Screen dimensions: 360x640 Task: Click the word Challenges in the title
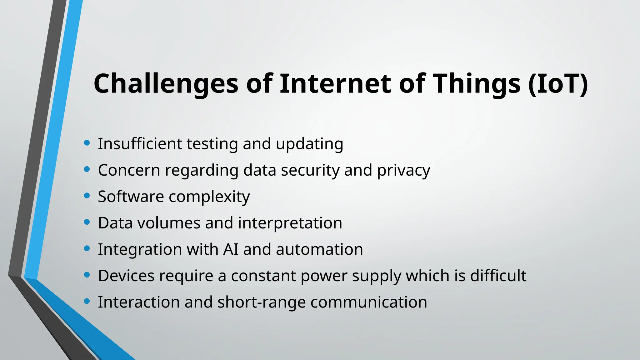pos(166,84)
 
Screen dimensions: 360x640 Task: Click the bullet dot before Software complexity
pos(87,196)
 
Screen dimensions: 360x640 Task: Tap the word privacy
pos(403,171)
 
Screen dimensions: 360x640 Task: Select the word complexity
pos(209,197)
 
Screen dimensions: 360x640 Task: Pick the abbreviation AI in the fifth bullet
pos(231,249)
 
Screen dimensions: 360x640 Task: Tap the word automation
pos(319,249)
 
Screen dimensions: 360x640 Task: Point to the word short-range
pos(261,302)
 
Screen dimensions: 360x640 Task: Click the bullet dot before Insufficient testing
pos(87,143)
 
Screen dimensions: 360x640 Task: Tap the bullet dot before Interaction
pos(87,301)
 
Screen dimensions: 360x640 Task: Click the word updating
pos(309,144)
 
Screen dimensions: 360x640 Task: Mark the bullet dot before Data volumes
pos(87,222)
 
